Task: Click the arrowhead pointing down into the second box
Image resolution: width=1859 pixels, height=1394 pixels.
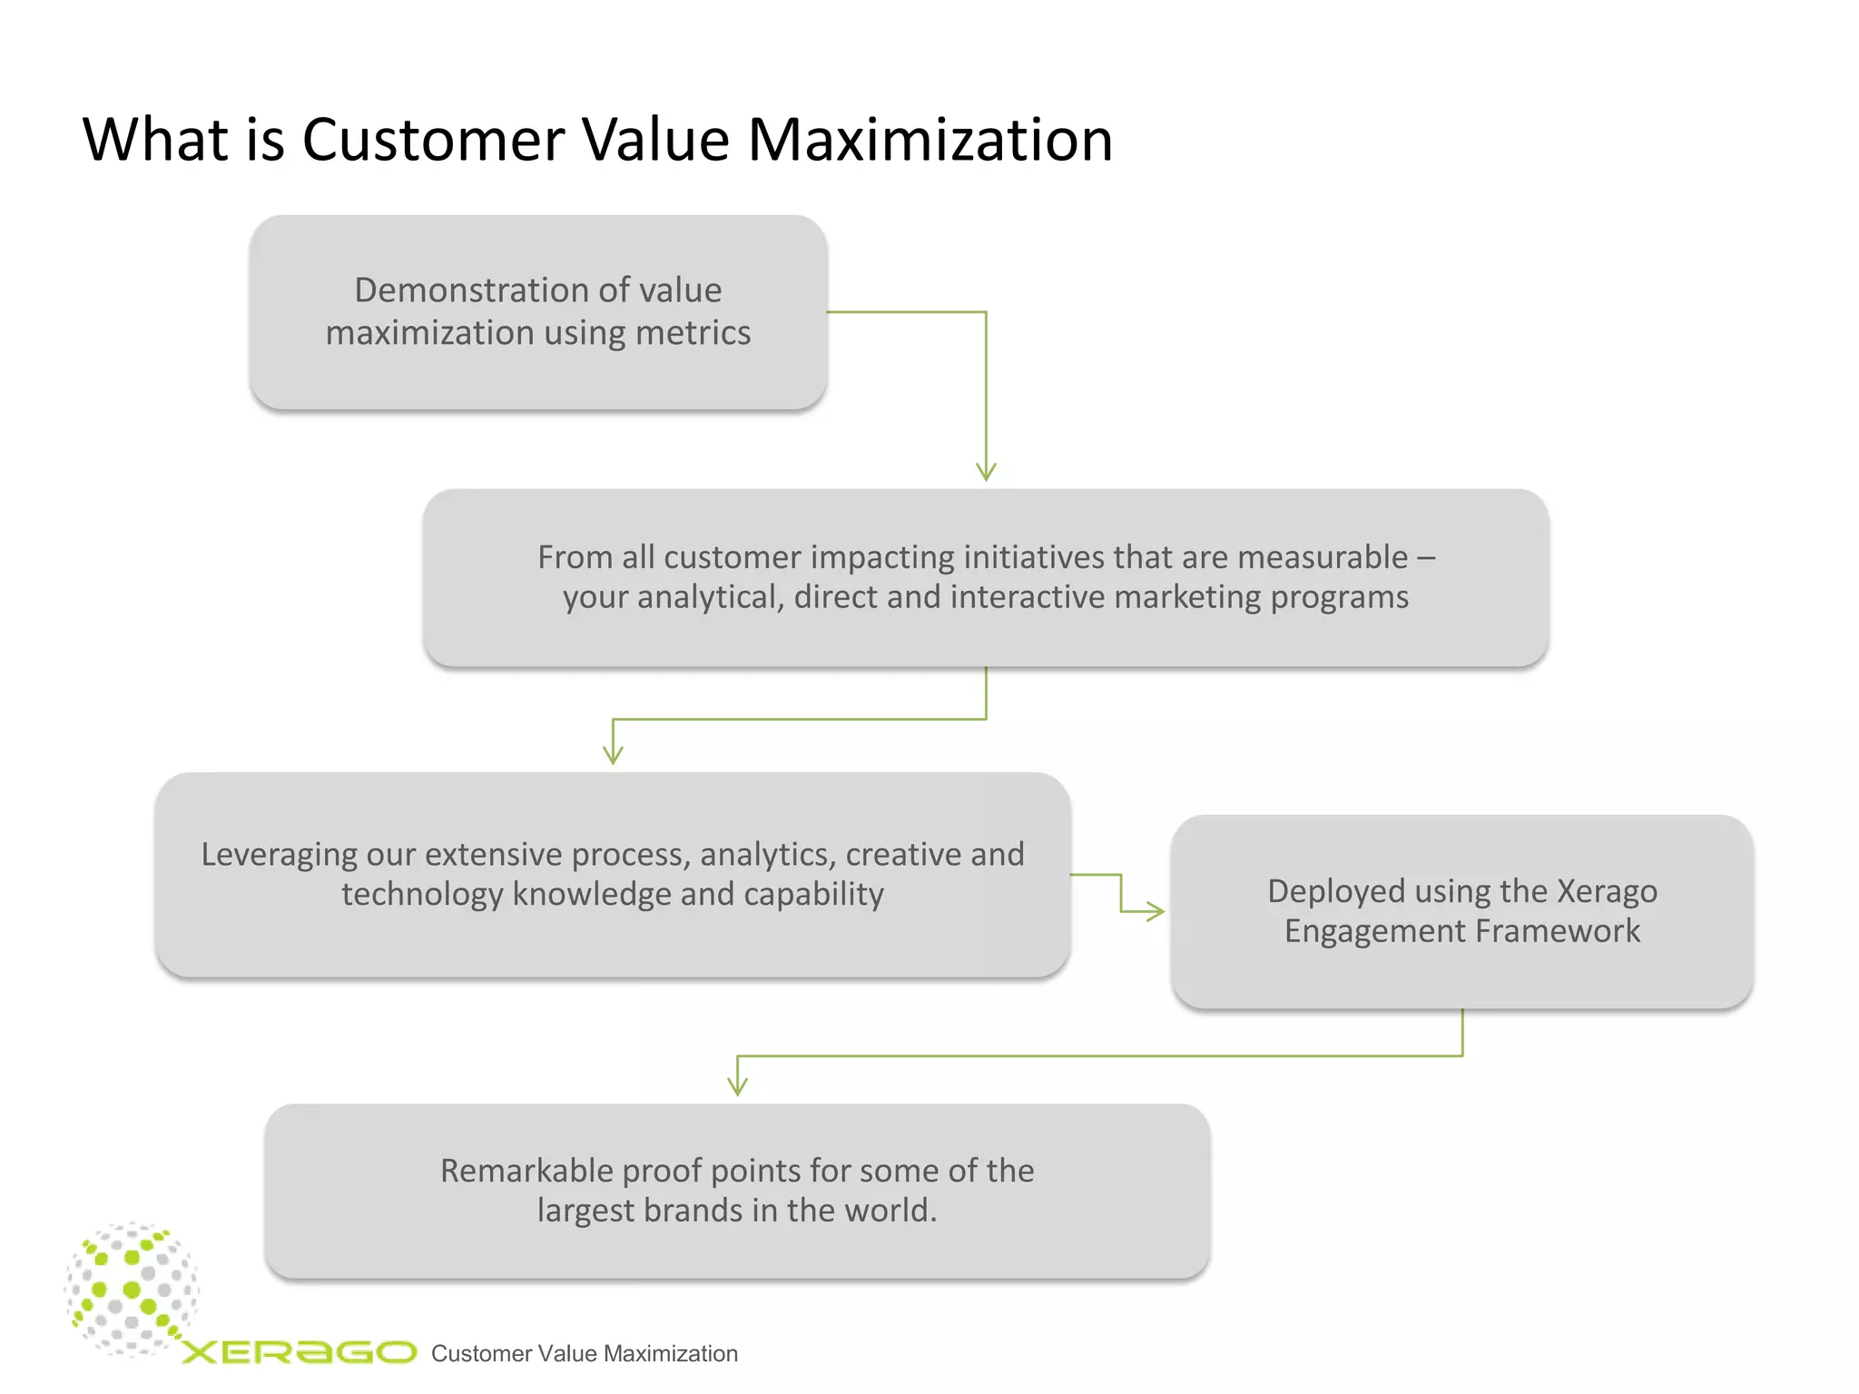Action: coord(986,472)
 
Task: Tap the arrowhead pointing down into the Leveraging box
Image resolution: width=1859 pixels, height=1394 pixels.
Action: coord(614,755)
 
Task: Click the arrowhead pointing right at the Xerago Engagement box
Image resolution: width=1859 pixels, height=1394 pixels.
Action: coord(1156,911)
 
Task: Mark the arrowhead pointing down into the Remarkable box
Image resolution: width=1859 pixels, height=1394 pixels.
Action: coord(738,1086)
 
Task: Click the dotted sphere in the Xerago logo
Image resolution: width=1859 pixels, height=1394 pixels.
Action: coord(133,1289)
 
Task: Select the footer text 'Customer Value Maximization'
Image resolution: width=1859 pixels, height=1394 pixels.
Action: coord(584,1354)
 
